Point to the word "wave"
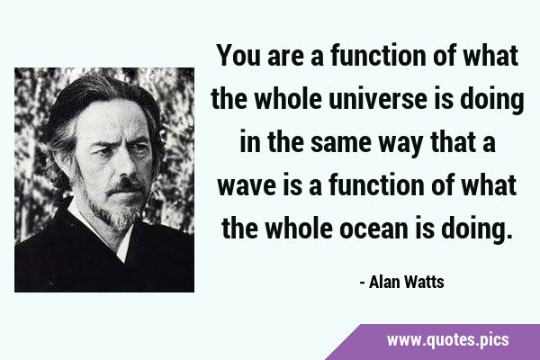(247, 186)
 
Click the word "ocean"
(374, 229)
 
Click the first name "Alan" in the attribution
(382, 282)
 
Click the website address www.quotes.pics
(447, 339)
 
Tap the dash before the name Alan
(362, 283)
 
